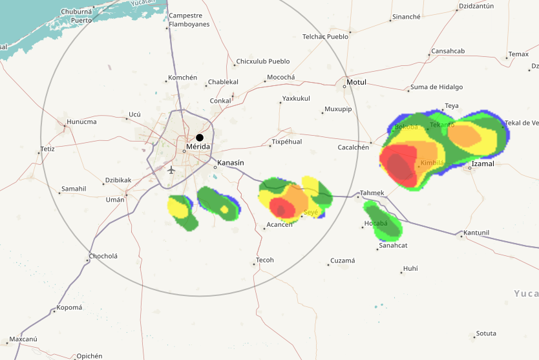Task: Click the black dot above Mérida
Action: click(200, 138)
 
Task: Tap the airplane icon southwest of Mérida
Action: click(171, 170)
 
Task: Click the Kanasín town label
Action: click(231, 162)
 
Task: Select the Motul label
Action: click(356, 83)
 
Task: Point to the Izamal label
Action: click(483, 164)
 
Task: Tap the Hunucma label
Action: click(81, 122)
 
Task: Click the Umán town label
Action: click(115, 200)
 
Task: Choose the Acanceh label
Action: click(279, 226)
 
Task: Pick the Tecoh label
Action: click(265, 260)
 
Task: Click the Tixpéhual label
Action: click(286, 142)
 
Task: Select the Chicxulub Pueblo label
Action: click(263, 61)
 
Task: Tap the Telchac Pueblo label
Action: click(325, 37)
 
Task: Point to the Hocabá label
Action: click(375, 224)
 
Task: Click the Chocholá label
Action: click(103, 256)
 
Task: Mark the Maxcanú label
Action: click(23, 339)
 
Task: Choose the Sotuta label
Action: click(486, 334)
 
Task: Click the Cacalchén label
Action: click(353, 147)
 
